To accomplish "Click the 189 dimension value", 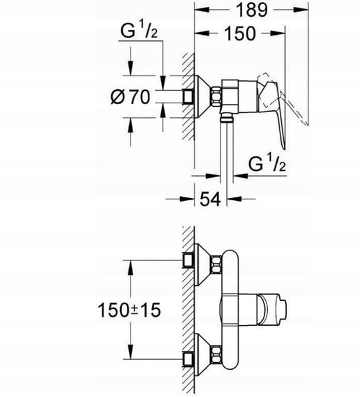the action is pos(251,10).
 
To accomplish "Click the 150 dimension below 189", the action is pos(240,33).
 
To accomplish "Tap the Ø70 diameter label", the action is pos(130,97).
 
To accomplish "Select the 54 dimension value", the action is pos(211,199).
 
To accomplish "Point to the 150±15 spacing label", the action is pos(129,310).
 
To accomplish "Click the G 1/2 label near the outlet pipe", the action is pos(267,163).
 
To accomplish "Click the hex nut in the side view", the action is pos(216,96).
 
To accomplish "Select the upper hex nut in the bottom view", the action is pos(216,264).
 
